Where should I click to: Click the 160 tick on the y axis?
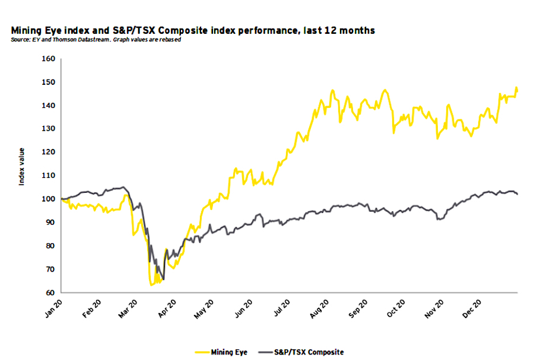click(x=47, y=59)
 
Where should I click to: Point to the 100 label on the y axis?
click(x=47, y=199)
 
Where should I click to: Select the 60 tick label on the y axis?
click(x=49, y=293)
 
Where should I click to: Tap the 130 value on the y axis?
click(x=47, y=129)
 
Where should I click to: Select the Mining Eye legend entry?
click(x=228, y=352)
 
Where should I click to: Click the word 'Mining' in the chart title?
click(x=25, y=30)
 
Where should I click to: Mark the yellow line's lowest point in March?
click(x=151, y=285)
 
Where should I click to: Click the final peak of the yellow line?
click(x=516, y=88)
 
